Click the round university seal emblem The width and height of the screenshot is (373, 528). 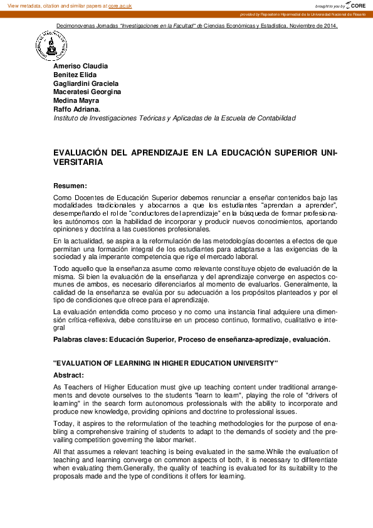(51, 46)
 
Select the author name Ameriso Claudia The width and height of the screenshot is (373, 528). (80, 66)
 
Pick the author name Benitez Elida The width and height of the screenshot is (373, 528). (75, 75)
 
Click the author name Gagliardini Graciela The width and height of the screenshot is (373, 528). (86, 83)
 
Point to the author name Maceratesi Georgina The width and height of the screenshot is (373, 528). (87, 92)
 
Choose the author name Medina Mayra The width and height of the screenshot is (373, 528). (76, 100)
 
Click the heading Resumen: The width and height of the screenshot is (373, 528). (70, 186)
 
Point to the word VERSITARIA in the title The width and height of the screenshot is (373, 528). (78, 162)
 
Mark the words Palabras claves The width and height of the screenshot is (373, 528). (80, 339)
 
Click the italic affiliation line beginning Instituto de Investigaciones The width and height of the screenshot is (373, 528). (174, 117)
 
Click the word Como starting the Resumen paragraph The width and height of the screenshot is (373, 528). (63, 198)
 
